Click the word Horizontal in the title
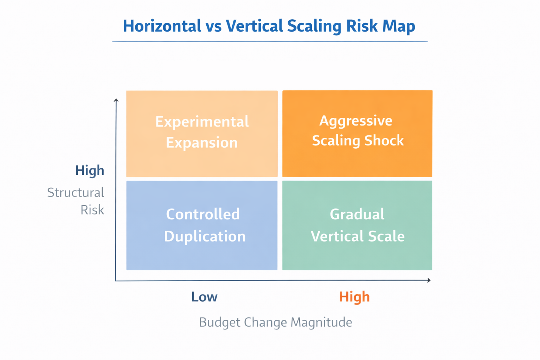coord(162,26)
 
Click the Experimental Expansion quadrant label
coord(202,132)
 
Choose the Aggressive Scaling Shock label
coord(358,130)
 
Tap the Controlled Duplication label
coord(204,225)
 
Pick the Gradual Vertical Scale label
coord(357,225)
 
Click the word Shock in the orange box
coord(384,141)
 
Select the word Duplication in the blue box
coord(205,236)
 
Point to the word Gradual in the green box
coord(357,214)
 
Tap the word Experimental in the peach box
coord(202,122)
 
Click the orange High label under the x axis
coord(354,297)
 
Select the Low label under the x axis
coord(204,297)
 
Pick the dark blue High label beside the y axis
coord(90,171)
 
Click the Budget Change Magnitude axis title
coord(275,322)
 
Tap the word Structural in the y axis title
coord(76,193)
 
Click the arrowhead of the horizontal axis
coord(429,280)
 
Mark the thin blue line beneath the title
coord(270,41)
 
